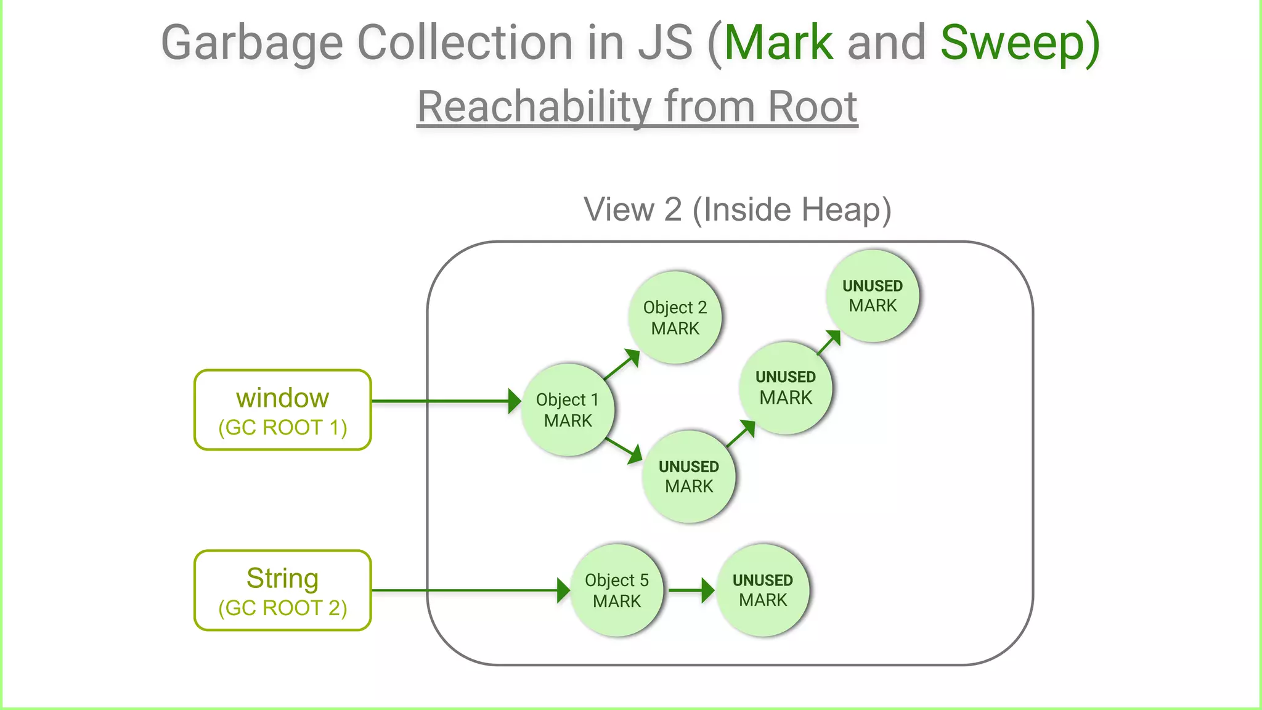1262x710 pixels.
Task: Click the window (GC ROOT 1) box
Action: point(282,410)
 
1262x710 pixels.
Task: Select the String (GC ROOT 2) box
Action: point(282,590)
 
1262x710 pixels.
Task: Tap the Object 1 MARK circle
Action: point(568,410)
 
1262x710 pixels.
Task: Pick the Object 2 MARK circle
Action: point(675,317)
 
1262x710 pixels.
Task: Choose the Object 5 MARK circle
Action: point(616,590)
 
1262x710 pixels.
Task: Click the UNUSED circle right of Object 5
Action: point(762,590)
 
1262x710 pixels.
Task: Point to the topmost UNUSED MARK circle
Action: point(873,296)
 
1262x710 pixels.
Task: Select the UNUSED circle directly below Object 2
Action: point(688,476)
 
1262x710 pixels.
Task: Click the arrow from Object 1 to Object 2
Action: point(621,365)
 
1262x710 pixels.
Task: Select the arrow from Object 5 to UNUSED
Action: point(691,590)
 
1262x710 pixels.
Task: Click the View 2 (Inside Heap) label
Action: point(737,210)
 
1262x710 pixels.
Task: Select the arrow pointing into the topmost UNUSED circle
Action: point(829,343)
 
